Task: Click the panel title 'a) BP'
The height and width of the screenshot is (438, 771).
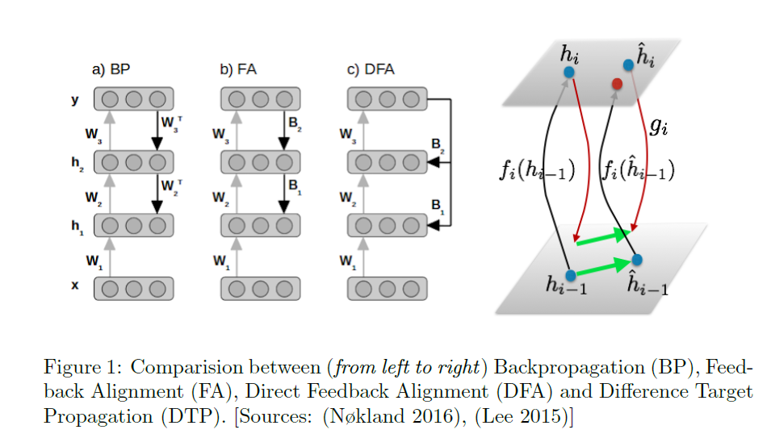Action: click(x=111, y=69)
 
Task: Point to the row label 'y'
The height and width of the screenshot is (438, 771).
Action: click(x=76, y=100)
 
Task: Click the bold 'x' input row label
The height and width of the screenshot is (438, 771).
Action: click(x=75, y=285)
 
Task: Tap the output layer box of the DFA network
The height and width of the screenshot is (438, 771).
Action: click(x=388, y=100)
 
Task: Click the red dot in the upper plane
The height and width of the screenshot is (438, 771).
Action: click(x=618, y=83)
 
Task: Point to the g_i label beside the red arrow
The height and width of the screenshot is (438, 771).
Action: click(x=658, y=127)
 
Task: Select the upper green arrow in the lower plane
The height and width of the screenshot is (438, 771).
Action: click(x=602, y=236)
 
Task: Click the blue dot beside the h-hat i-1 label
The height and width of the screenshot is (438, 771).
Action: click(x=637, y=260)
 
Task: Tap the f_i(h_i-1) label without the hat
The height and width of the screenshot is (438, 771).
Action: click(x=537, y=171)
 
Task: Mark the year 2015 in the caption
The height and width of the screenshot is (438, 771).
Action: click(x=547, y=417)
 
